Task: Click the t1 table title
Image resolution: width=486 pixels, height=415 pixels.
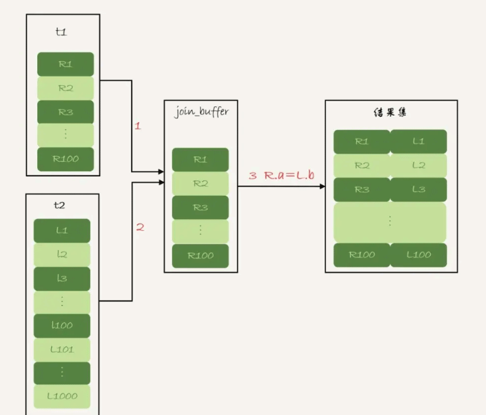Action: [61, 32]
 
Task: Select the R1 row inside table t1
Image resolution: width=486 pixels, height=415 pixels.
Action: [65, 64]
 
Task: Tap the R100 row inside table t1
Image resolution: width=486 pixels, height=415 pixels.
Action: [65, 159]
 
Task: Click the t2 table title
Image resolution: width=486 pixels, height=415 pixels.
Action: [60, 205]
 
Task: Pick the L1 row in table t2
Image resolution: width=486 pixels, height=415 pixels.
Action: [62, 230]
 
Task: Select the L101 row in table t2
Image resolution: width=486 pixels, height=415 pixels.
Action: [62, 349]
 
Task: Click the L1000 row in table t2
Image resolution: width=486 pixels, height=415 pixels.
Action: [62, 397]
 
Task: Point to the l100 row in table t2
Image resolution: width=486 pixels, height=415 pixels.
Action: [62, 325]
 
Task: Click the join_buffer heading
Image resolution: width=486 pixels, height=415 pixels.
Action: [201, 111]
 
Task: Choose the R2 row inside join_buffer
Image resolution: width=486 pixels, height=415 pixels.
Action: [200, 183]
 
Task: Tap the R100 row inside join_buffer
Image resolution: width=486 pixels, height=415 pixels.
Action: [200, 255]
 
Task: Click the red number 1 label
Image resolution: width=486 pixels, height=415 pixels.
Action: [138, 126]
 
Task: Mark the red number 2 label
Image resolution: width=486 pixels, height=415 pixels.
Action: [140, 227]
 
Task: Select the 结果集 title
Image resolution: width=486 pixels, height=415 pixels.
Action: [390, 112]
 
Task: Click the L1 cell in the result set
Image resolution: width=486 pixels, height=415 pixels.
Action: [419, 141]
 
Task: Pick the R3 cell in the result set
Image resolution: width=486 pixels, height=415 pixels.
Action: [361, 189]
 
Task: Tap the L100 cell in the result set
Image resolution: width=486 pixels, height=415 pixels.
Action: [419, 255]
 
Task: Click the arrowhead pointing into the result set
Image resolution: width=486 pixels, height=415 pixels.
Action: [322, 186]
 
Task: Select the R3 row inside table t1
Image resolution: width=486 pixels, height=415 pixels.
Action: [65, 112]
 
